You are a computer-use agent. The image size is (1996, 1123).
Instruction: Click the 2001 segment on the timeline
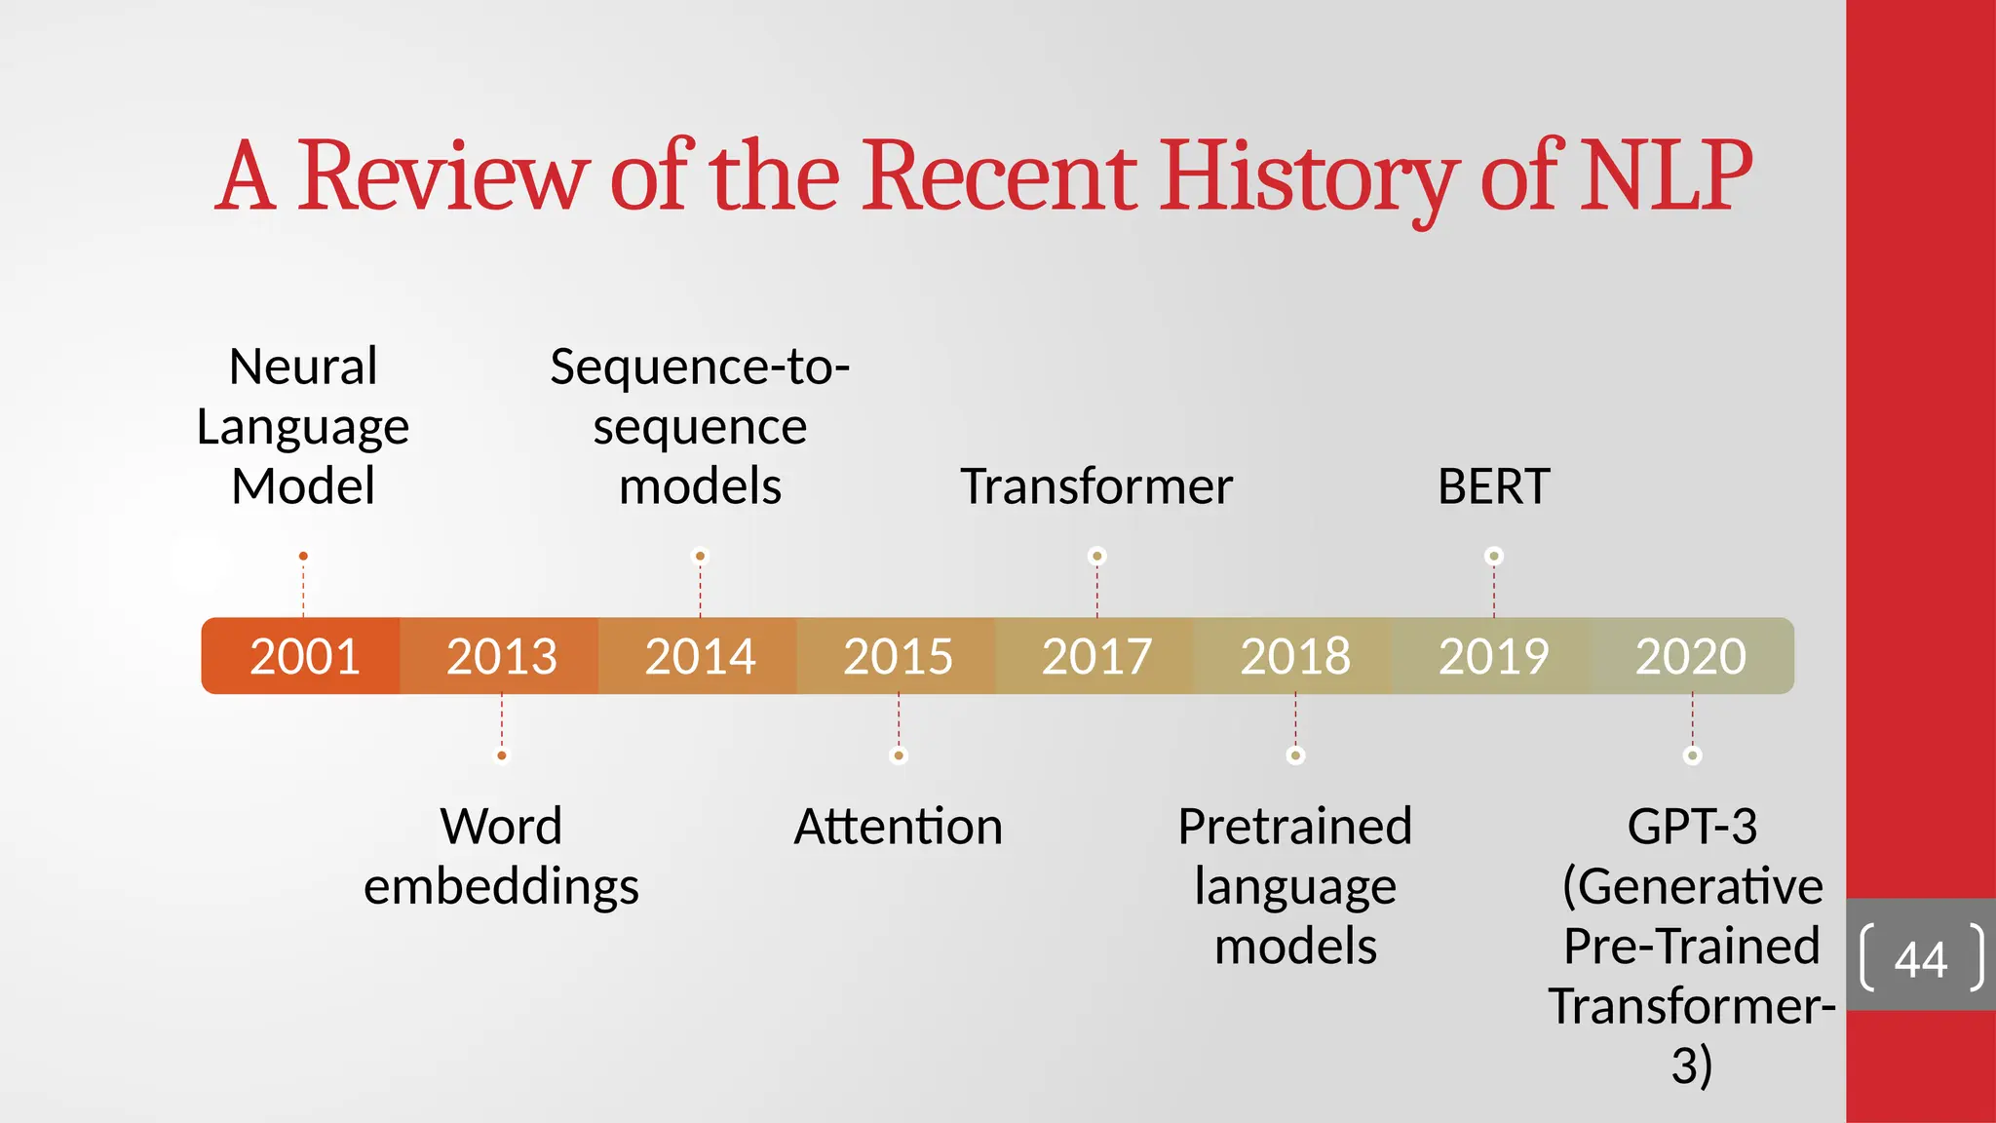[x=304, y=656]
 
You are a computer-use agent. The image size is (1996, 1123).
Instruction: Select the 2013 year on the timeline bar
[x=502, y=656]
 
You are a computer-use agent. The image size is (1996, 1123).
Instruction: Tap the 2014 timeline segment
[x=700, y=656]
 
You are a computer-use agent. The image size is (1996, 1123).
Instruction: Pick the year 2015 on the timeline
[x=898, y=656]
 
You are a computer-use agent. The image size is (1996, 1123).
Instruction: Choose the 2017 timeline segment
[x=1096, y=656]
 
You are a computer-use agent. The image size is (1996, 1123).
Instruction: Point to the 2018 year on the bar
[x=1295, y=656]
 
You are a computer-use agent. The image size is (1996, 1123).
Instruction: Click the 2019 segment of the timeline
[x=1493, y=656]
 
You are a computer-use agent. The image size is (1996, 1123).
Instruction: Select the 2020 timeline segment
[x=1691, y=656]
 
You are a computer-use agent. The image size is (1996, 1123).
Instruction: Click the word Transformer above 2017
[x=1096, y=486]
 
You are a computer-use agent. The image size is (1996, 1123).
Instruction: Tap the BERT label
[x=1493, y=486]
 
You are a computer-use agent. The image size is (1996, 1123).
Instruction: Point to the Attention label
[x=898, y=827]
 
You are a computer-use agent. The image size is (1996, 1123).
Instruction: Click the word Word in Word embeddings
[x=501, y=827]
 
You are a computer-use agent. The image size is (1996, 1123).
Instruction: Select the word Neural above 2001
[x=303, y=368]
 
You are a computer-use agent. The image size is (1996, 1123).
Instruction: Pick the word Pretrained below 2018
[x=1294, y=827]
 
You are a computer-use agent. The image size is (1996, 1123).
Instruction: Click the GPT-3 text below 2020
[x=1692, y=827]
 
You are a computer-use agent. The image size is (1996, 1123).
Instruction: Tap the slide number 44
[x=1920, y=959]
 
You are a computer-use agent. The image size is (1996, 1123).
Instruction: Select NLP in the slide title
[x=1667, y=176]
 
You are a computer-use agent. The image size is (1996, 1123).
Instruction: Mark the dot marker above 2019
[x=1493, y=557]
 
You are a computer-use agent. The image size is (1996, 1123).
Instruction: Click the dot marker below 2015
[x=899, y=755]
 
